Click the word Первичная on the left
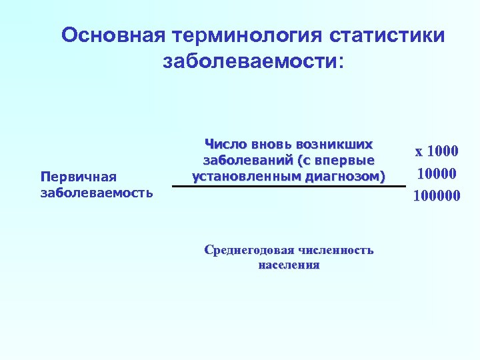[79, 177]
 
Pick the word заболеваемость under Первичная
[97, 193]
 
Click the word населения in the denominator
[288, 265]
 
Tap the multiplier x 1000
[437, 151]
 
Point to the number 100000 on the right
[437, 196]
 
